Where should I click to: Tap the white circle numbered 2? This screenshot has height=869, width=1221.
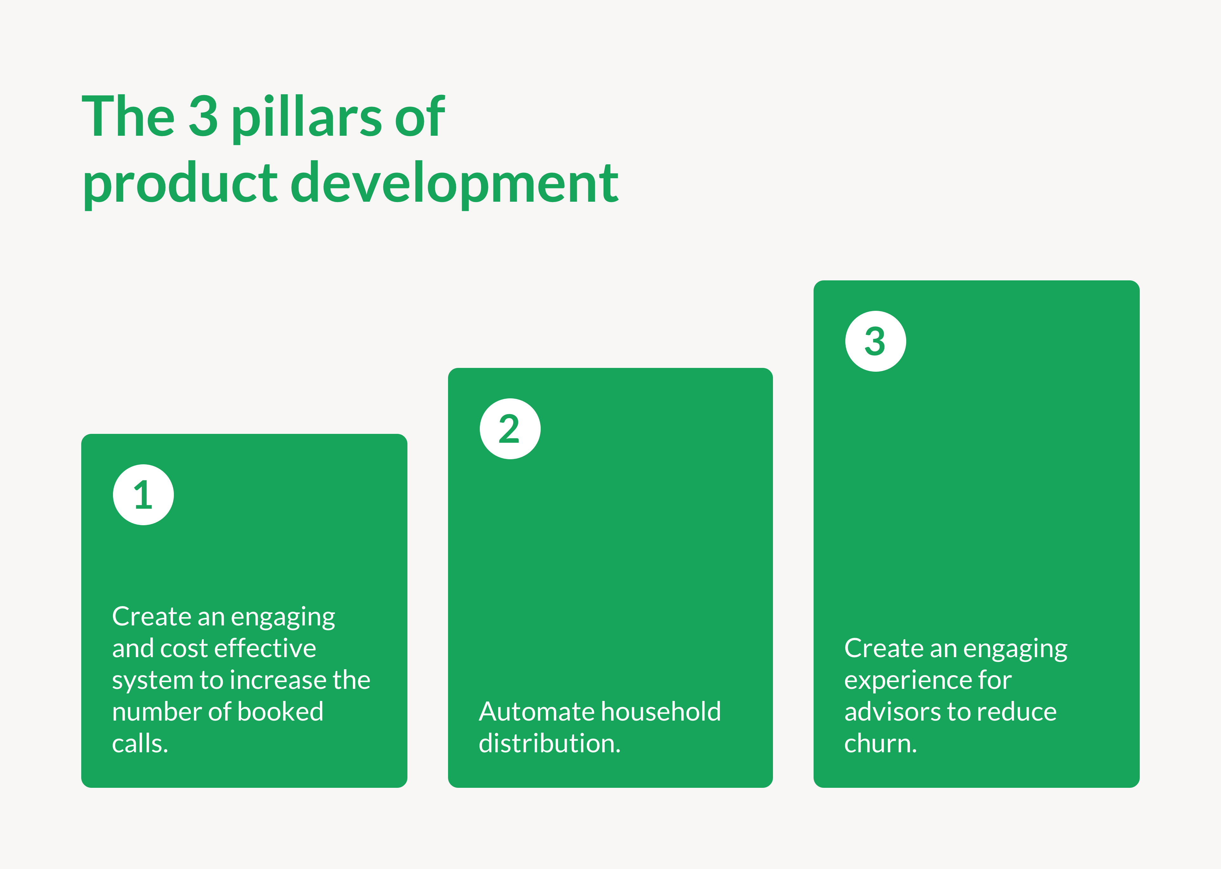(x=510, y=428)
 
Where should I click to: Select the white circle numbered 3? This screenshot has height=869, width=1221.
(x=876, y=341)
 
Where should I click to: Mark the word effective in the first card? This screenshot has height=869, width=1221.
(x=265, y=648)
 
